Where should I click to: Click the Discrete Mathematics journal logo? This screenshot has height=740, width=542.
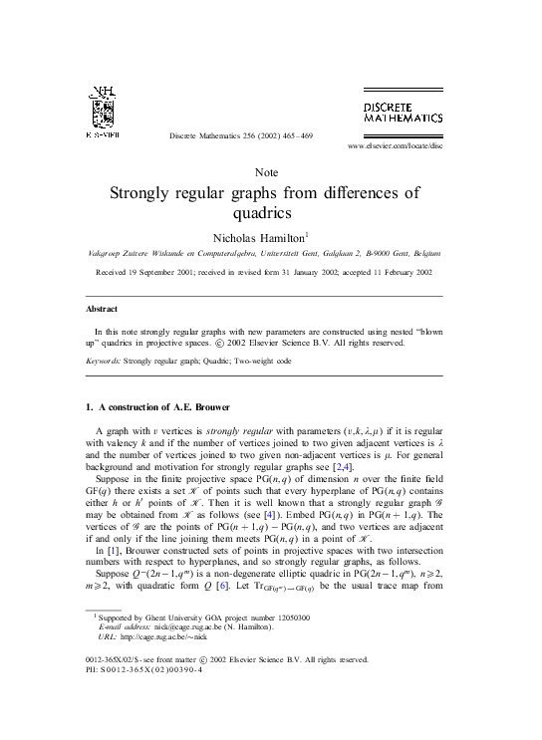pos(403,113)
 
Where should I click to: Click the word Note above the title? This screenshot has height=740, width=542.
pos(266,172)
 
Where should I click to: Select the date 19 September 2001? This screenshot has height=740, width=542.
pos(168,271)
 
